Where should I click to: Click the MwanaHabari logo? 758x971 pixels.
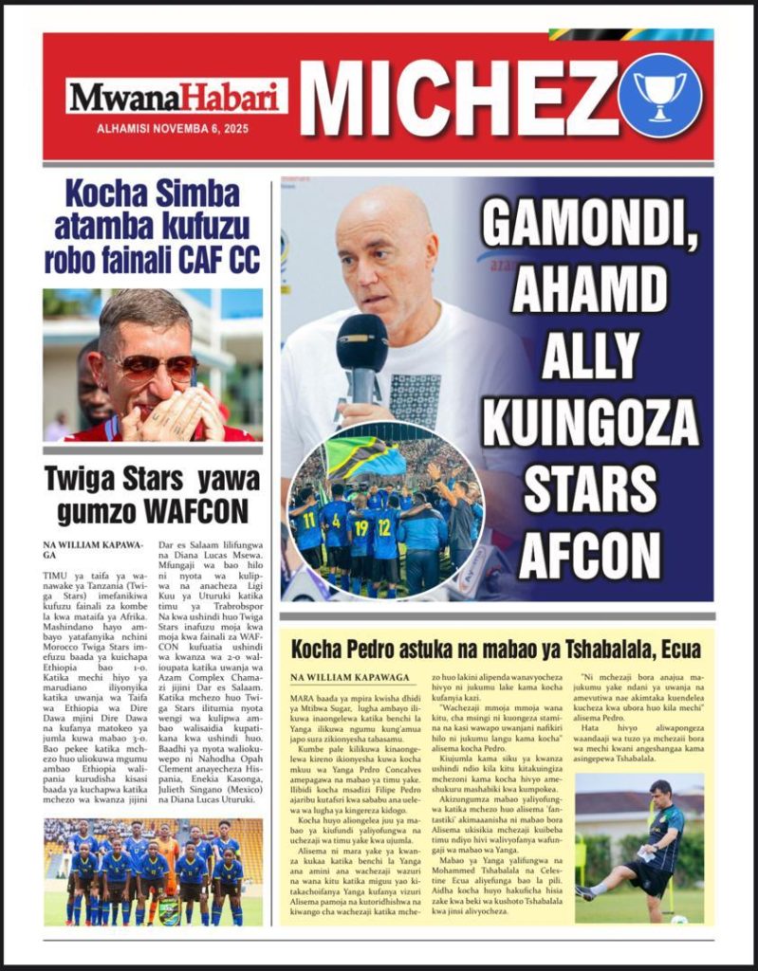click(176, 96)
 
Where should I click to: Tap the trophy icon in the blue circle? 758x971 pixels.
click(659, 95)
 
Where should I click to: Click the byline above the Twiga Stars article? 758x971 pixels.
click(80, 549)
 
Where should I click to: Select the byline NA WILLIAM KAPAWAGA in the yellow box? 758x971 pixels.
click(350, 678)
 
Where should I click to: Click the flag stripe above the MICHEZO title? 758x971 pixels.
click(630, 35)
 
